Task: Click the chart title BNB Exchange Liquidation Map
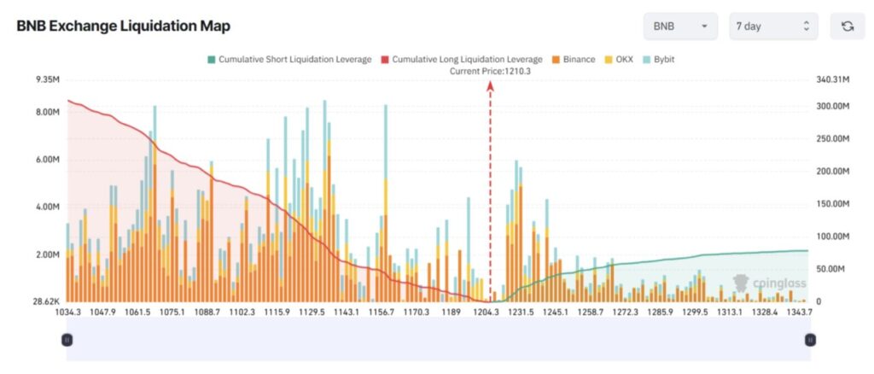123,26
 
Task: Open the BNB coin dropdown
680,26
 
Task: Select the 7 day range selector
773,26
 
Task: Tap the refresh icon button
848,26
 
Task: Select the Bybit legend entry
661,60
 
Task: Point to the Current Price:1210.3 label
490,72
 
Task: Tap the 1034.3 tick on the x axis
67,313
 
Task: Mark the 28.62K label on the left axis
43,301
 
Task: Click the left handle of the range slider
67,340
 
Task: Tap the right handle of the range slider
809,340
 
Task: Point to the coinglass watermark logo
761,282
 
